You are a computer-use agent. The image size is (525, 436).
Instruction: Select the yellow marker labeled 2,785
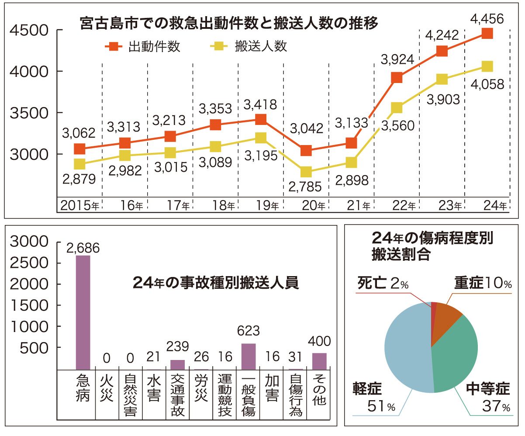coord(306,172)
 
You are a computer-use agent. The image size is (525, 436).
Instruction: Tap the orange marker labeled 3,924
coord(397,78)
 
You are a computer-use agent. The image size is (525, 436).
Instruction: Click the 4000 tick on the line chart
coord(29,71)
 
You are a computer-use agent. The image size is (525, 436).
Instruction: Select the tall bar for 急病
coord(83,312)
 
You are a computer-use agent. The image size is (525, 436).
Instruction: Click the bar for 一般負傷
coord(249,356)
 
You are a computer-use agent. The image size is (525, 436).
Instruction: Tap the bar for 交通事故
coord(177,365)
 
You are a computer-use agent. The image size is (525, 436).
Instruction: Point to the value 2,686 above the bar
coord(83,248)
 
